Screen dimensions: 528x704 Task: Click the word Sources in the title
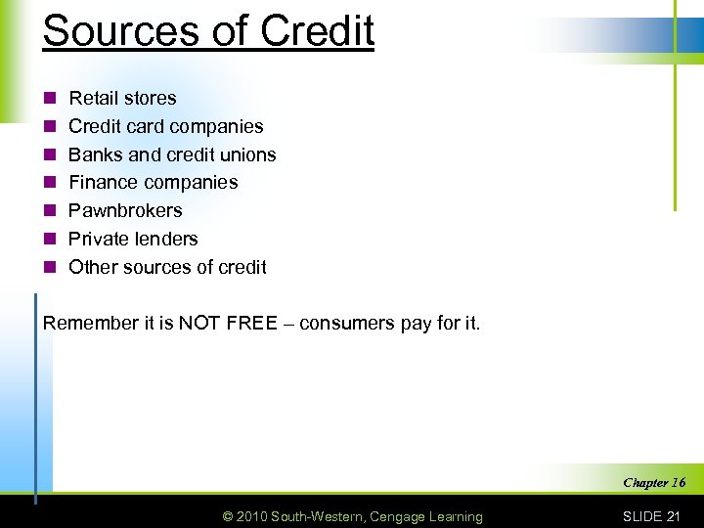105,30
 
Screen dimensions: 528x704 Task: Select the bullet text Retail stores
122,98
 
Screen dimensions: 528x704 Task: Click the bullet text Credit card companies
165,126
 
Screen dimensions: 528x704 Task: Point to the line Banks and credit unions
172,154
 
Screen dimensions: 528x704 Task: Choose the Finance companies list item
153,182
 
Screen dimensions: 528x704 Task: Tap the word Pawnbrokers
125,210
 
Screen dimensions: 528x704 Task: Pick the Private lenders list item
133,239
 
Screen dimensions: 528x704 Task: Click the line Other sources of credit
167,267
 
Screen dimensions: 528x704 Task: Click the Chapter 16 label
654,482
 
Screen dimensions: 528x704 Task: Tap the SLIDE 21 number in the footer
651,516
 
